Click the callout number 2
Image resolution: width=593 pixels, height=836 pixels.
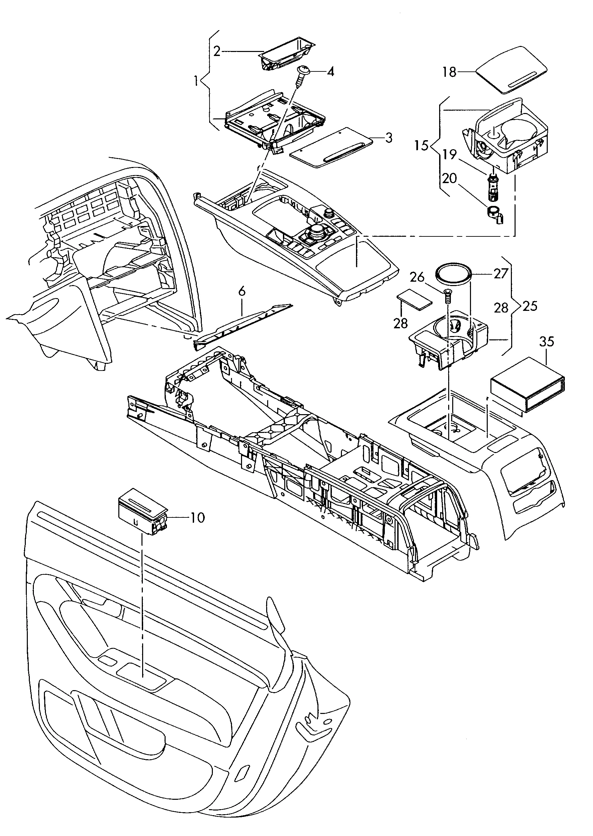click(x=217, y=51)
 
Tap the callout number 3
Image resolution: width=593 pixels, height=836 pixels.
click(x=389, y=138)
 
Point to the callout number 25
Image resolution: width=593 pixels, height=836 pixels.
click(x=530, y=306)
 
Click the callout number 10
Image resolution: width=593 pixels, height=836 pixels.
click(x=197, y=517)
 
